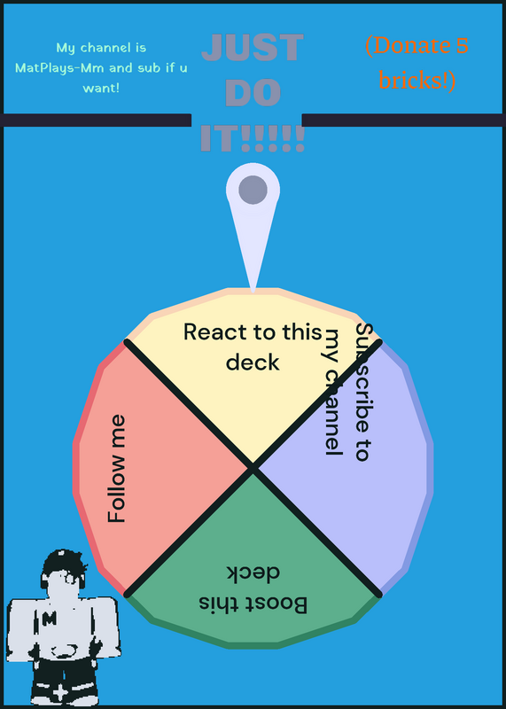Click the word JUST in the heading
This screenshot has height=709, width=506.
coord(253,48)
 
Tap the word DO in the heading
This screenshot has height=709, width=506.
coord(253,93)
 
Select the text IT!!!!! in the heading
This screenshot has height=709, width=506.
coord(253,137)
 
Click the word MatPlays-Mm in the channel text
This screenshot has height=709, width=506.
coord(59,68)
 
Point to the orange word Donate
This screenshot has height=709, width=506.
coord(410,46)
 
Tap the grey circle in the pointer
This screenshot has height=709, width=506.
coord(253,190)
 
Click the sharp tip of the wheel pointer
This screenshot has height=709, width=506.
coord(253,292)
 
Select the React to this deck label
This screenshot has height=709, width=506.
coord(253,347)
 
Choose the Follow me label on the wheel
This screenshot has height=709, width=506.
coord(117,469)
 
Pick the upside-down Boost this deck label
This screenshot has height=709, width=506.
coord(253,588)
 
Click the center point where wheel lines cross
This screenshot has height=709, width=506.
coord(253,468)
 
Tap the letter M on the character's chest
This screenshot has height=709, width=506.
coord(49,619)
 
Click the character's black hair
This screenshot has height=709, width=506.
coord(63,563)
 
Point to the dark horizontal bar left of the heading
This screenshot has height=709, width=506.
coord(96,121)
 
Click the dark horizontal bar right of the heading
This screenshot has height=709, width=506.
coord(404,121)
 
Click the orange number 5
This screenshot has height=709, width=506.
coord(462,46)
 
